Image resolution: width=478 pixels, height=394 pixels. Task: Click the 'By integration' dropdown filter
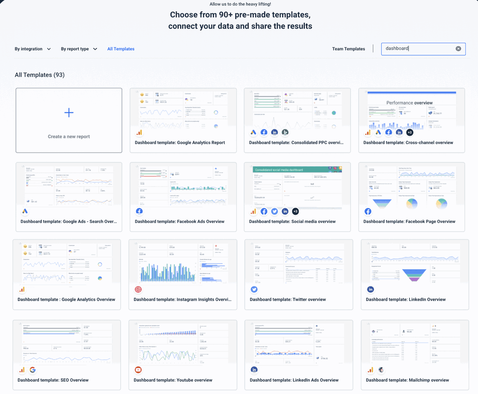coord(33,49)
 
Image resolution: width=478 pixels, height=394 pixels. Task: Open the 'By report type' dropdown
coord(79,49)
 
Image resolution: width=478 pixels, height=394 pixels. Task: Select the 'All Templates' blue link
coord(121,49)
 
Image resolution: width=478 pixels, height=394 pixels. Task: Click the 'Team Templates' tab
coord(349,49)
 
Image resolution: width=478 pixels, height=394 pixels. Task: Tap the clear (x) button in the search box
coord(458,49)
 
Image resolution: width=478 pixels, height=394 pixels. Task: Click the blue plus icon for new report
coord(69,113)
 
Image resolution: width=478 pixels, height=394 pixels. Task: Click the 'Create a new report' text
coord(69,137)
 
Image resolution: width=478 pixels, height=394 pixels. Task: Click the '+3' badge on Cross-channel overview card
coord(409,133)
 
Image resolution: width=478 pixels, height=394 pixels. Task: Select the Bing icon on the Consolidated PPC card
coord(285,133)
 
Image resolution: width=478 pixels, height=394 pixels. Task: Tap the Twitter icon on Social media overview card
coord(274,211)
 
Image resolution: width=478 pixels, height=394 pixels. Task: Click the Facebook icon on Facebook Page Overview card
coord(368,211)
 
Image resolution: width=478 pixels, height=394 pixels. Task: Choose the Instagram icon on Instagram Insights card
coord(138,289)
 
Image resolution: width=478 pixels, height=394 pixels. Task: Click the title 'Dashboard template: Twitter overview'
coord(288,299)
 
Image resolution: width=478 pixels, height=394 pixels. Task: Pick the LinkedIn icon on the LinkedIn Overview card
coord(370,289)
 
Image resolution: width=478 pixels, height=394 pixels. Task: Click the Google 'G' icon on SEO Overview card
coord(33,370)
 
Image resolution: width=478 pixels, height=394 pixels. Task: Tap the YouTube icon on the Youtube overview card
coord(138,370)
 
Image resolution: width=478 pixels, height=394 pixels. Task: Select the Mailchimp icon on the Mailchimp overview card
coord(381,370)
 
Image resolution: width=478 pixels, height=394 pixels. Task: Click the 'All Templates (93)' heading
coord(39,75)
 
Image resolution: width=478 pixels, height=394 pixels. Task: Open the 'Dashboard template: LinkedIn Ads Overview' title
coord(294,380)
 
